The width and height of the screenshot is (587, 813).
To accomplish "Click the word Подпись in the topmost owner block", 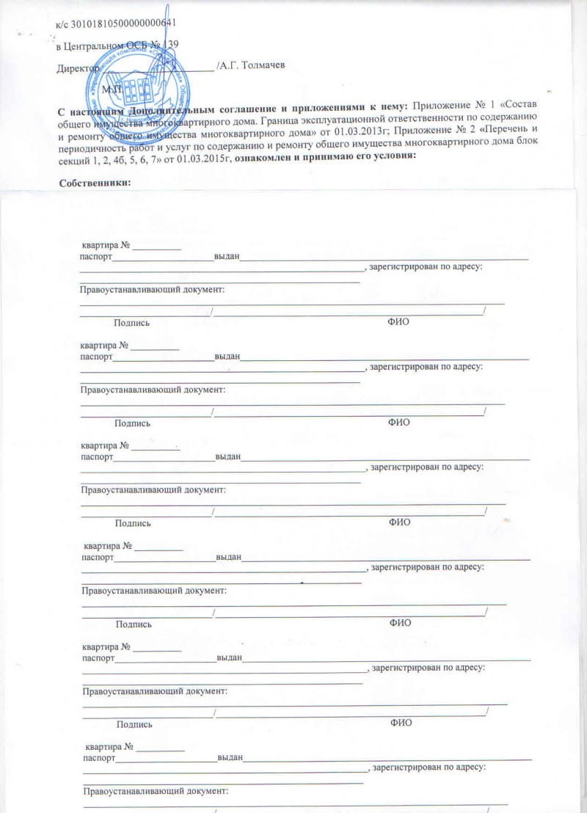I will [133, 323].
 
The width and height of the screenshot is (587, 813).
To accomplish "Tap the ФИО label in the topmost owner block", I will [397, 323].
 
